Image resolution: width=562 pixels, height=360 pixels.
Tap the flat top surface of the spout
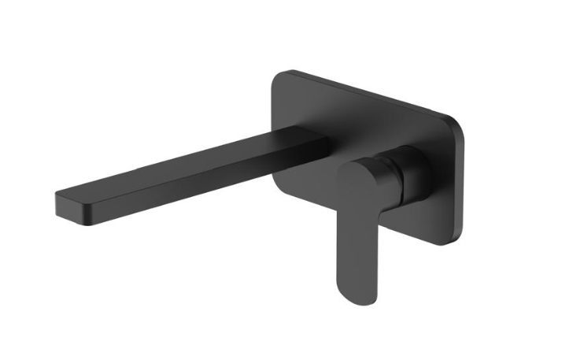tap(189, 162)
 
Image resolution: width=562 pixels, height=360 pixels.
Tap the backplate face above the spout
tap(315, 110)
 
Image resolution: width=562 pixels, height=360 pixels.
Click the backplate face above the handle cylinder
tap(409, 134)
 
